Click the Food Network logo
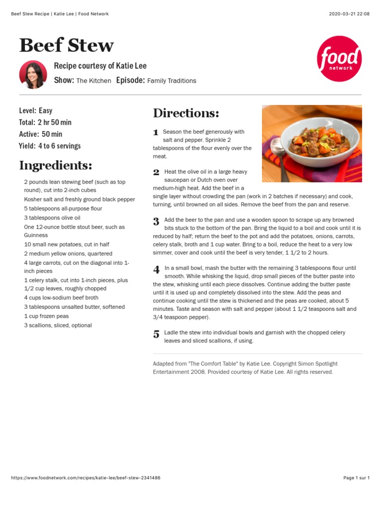click(339, 58)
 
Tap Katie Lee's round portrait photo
click(33, 75)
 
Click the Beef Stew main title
click(66, 46)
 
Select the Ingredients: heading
click(56, 165)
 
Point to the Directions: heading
click(186, 113)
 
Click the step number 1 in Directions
click(156, 132)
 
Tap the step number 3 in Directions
click(156, 221)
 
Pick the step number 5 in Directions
click(156, 334)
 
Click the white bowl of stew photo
click(312, 143)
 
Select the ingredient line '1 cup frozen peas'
click(47, 316)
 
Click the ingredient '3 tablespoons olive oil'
click(52, 218)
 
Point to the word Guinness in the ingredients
click(36, 236)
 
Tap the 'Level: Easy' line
click(36, 110)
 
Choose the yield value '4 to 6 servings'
click(59, 146)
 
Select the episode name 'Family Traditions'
click(172, 81)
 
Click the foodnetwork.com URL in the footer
click(86, 478)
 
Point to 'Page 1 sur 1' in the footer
click(356, 478)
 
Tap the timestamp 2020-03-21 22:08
click(349, 14)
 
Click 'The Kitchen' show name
click(94, 81)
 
